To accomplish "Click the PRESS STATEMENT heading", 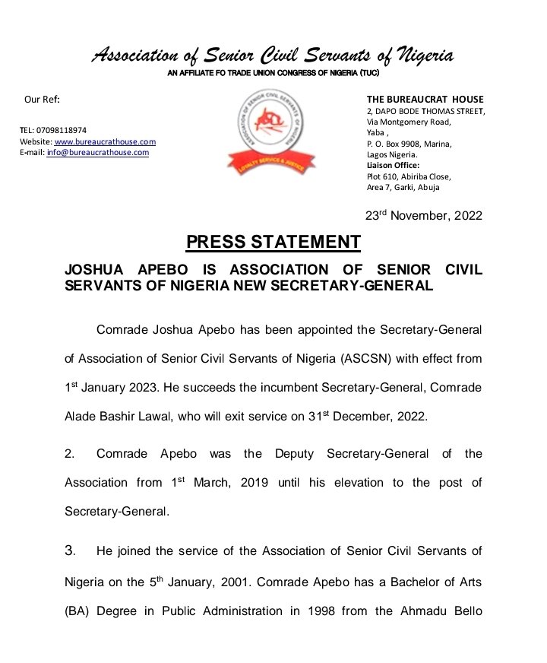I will [273, 243].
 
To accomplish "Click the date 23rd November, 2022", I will [423, 215].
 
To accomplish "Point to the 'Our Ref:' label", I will [42, 100].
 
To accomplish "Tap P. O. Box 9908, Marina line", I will [409, 144].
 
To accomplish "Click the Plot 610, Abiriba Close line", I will [409, 176].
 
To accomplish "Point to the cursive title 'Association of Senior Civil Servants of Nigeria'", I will [273, 56].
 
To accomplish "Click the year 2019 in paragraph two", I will [245, 483].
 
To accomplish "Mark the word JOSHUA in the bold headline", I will [95, 270].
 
